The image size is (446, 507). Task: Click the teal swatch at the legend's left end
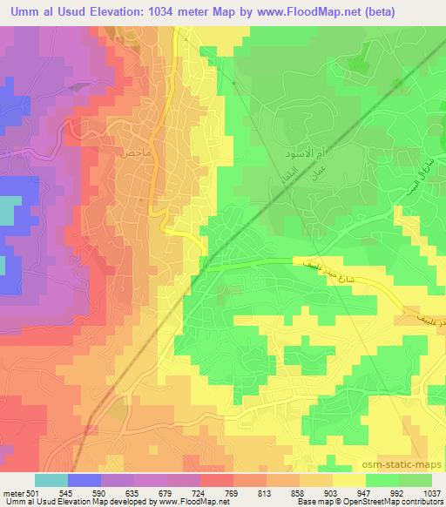[51, 480]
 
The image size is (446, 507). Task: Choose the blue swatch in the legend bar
[84, 480]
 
